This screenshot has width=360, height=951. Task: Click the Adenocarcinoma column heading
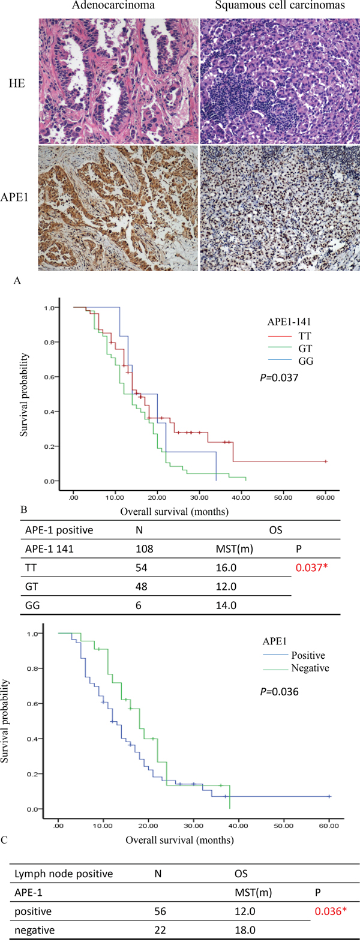click(113, 7)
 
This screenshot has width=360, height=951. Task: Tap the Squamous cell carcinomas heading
click(280, 7)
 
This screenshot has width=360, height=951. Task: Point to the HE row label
click(17, 83)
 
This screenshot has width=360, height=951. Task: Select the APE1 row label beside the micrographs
click(17, 210)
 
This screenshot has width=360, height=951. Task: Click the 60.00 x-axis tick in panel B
click(325, 497)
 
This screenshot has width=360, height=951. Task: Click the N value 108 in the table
click(145, 548)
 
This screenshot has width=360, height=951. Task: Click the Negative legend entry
click(310, 668)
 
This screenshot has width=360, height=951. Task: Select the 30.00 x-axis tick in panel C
click(193, 826)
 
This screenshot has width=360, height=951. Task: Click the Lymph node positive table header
click(64, 874)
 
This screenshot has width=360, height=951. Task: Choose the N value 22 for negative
click(159, 930)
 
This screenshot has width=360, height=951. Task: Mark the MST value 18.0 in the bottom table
click(245, 930)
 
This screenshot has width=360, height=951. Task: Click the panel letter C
click(5, 839)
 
